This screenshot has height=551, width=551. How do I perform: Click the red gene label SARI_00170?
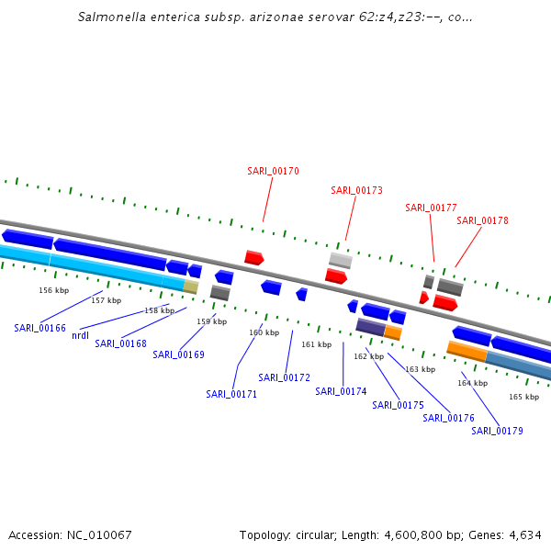point(273,171)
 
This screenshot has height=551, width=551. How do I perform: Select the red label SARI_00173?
point(356,190)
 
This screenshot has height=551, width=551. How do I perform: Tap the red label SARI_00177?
point(431,208)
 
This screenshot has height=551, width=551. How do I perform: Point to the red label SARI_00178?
point(482,220)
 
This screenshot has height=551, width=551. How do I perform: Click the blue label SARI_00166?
point(39,328)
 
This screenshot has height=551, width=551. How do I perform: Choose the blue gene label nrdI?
point(80,335)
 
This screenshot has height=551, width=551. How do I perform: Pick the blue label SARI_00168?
point(120,343)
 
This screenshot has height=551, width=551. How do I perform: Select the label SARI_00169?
point(178,354)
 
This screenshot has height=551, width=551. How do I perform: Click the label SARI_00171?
point(231,394)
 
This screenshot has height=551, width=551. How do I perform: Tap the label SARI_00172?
point(284,377)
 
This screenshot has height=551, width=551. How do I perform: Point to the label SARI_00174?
point(341,391)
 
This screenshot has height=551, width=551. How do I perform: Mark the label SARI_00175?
point(398,405)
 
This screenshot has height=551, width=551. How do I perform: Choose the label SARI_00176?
point(448,418)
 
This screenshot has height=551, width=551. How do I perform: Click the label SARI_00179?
point(497,431)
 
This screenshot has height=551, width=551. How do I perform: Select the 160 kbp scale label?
point(264,332)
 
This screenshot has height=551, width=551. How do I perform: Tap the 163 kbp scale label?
point(420,369)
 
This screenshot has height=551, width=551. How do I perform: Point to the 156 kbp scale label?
point(53,290)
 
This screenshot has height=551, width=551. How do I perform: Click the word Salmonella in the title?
point(111,17)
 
